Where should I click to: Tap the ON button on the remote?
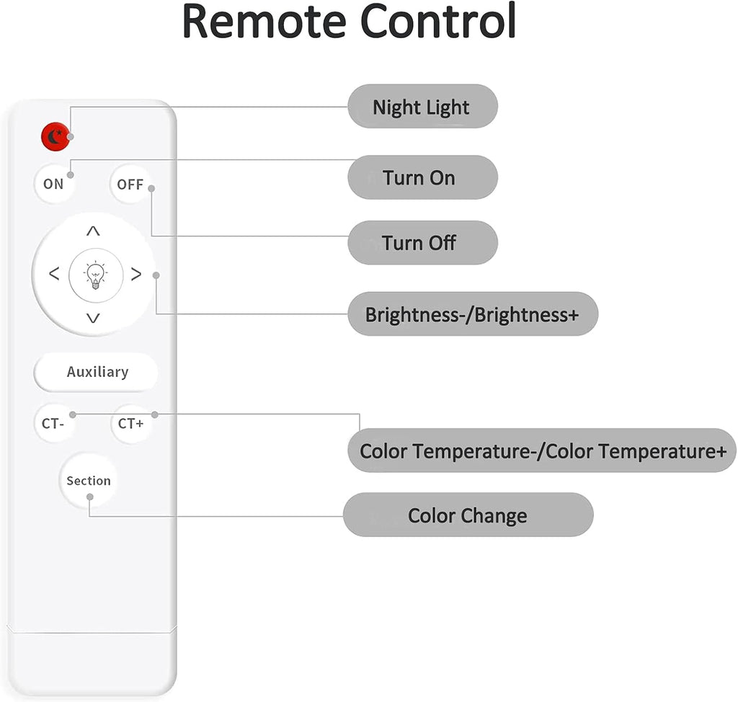pyautogui.click(x=53, y=184)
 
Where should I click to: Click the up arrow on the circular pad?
pyautogui.click(x=94, y=231)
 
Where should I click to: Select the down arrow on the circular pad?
pyautogui.click(x=94, y=318)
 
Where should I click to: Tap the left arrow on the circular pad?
pyautogui.click(x=53, y=275)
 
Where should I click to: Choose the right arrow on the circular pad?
pyautogui.click(x=135, y=275)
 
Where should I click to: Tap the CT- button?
pyautogui.click(x=53, y=424)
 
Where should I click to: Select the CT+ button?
pyautogui.click(x=130, y=424)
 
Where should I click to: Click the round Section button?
pyautogui.click(x=89, y=481)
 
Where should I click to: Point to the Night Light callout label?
pyautogui.click(x=422, y=107)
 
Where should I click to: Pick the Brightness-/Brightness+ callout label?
pyautogui.click(x=472, y=314)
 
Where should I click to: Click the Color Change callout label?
pyautogui.click(x=468, y=515)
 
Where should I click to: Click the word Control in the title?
pyautogui.click(x=438, y=22)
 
